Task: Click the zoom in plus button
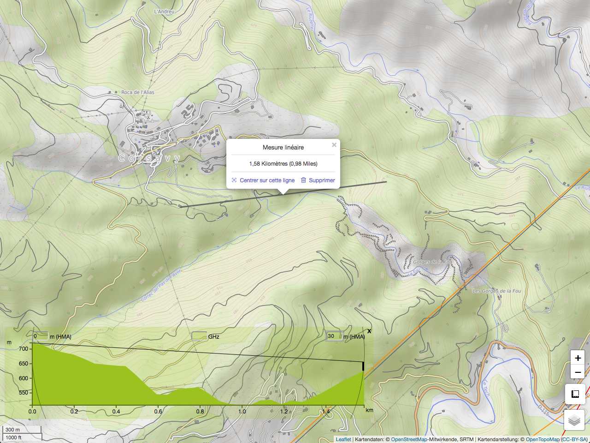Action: pyautogui.click(x=578, y=358)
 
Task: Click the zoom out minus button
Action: pyautogui.click(x=578, y=372)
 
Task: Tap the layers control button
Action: pyautogui.click(x=574, y=420)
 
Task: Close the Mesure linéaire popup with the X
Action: pyautogui.click(x=334, y=145)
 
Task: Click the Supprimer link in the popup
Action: pyautogui.click(x=322, y=180)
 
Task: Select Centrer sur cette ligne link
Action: pyautogui.click(x=267, y=180)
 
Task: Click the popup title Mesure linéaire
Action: pyautogui.click(x=283, y=148)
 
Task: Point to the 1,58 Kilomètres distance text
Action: pyautogui.click(x=283, y=164)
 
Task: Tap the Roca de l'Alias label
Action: pyautogui.click(x=137, y=92)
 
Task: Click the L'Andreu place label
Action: pyautogui.click(x=164, y=12)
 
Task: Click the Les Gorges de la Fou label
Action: pyautogui.click(x=496, y=291)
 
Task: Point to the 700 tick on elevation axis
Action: pyautogui.click(x=24, y=349)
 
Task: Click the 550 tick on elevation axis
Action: pyautogui.click(x=24, y=393)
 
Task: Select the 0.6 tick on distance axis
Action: pyautogui.click(x=158, y=412)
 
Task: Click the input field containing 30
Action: pyautogui.click(x=334, y=336)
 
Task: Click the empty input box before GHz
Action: pyautogui.click(x=199, y=336)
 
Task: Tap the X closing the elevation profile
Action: pyautogui.click(x=369, y=331)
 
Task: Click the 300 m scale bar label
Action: pyautogui.click(x=13, y=430)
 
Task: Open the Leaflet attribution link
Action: pyautogui.click(x=343, y=439)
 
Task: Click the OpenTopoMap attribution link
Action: pyautogui.click(x=543, y=439)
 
